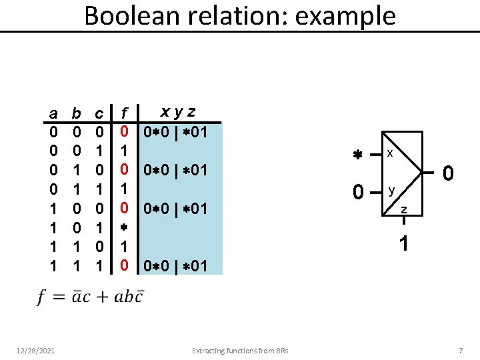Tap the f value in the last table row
[124, 266]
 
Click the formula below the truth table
[89, 296]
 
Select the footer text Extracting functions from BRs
[240, 351]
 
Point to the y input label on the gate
[392, 191]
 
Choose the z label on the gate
[403, 211]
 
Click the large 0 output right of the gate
[449, 175]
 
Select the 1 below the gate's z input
[404, 244]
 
